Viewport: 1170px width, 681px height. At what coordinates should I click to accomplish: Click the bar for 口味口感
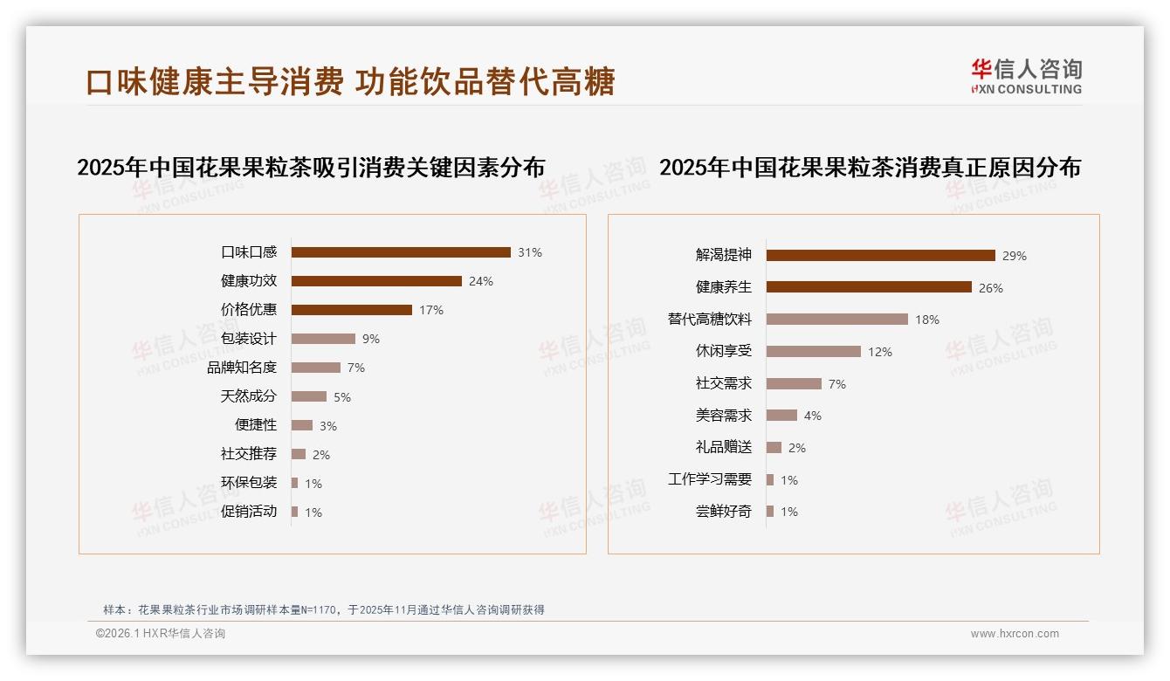(x=401, y=252)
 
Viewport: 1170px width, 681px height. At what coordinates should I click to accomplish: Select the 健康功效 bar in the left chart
(x=376, y=281)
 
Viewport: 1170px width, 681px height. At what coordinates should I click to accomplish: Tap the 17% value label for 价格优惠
(x=431, y=310)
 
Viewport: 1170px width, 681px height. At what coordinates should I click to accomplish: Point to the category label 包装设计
(x=249, y=339)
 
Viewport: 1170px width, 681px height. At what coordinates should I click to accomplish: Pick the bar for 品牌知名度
(x=316, y=368)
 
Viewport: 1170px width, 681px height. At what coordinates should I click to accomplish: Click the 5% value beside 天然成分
(x=342, y=397)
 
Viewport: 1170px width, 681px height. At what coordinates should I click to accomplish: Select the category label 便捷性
(x=256, y=425)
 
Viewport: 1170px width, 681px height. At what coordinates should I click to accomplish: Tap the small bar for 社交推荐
(x=299, y=454)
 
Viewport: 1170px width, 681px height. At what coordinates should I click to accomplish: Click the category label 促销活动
(x=249, y=512)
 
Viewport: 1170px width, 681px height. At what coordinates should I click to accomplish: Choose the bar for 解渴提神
(x=881, y=256)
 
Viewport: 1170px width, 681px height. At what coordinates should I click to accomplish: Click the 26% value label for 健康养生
(x=991, y=288)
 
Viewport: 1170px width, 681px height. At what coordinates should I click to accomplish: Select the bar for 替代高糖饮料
(x=837, y=320)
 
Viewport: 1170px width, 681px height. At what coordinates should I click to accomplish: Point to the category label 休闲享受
(x=724, y=351)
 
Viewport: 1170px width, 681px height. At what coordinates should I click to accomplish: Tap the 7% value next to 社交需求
(x=837, y=384)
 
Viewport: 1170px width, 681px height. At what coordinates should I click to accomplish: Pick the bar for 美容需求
(x=782, y=416)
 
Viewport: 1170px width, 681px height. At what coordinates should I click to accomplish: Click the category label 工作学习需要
(x=710, y=479)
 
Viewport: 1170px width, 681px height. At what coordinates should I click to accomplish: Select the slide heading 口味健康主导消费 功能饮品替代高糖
(x=351, y=81)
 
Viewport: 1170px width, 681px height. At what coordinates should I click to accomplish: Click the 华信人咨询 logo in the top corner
(x=1027, y=76)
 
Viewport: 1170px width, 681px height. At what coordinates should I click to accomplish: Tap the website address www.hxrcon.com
(x=1015, y=634)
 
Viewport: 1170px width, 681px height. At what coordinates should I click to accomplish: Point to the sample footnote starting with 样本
(x=324, y=609)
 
